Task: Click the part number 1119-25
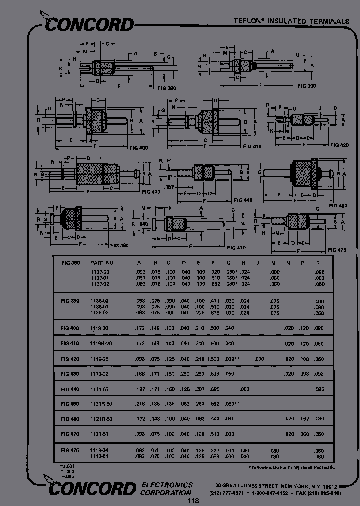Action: point(100,359)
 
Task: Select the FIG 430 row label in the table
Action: point(70,374)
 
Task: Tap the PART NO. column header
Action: point(103,262)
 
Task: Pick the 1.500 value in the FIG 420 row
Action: point(214,359)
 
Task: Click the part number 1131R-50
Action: point(102,404)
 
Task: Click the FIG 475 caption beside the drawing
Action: point(337,250)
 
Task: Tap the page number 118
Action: point(193,501)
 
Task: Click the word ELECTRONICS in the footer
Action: point(167,485)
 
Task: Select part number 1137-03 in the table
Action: point(100,272)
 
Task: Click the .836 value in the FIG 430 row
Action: point(214,374)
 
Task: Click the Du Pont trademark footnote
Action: point(292,467)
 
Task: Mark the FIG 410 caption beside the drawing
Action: point(252,147)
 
